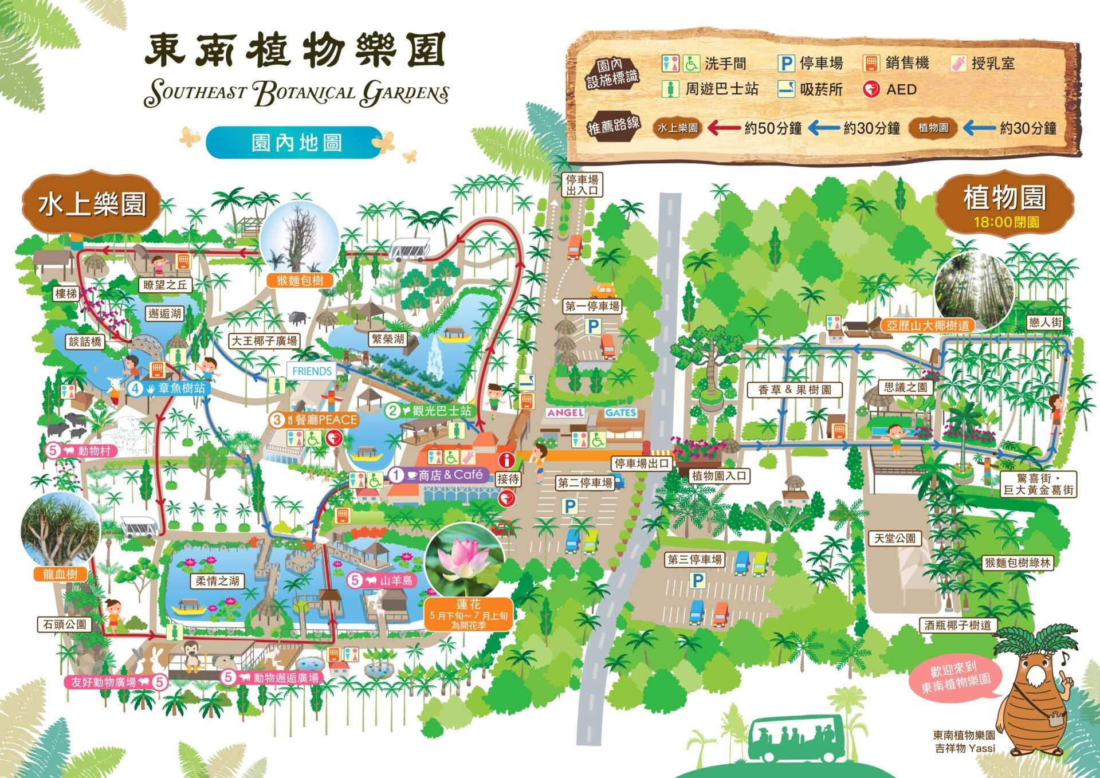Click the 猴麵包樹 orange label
point(300,280)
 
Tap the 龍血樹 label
point(60,574)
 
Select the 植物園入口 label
point(718,476)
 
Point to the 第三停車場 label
point(694,559)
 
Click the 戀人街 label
point(1045,323)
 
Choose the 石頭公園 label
point(65,624)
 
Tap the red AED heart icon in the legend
point(871,89)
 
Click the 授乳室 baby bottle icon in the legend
point(958,63)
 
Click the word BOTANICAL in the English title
point(304,93)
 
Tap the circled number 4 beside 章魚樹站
point(135,388)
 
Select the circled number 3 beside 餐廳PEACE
point(277,419)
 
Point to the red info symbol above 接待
point(506,459)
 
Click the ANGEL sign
point(565,412)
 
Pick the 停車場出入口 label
point(582,185)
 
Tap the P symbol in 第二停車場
point(569,506)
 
